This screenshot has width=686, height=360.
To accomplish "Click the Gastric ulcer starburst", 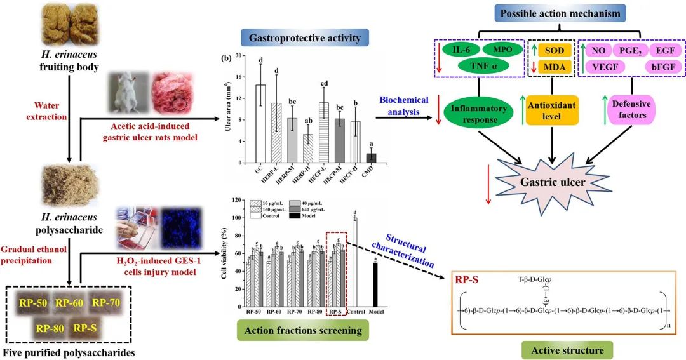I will click(554, 182).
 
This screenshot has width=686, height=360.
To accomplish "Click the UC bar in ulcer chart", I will click(260, 123).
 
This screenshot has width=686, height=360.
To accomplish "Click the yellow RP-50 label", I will click(33, 302).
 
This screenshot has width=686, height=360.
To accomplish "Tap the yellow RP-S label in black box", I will click(86, 329).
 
